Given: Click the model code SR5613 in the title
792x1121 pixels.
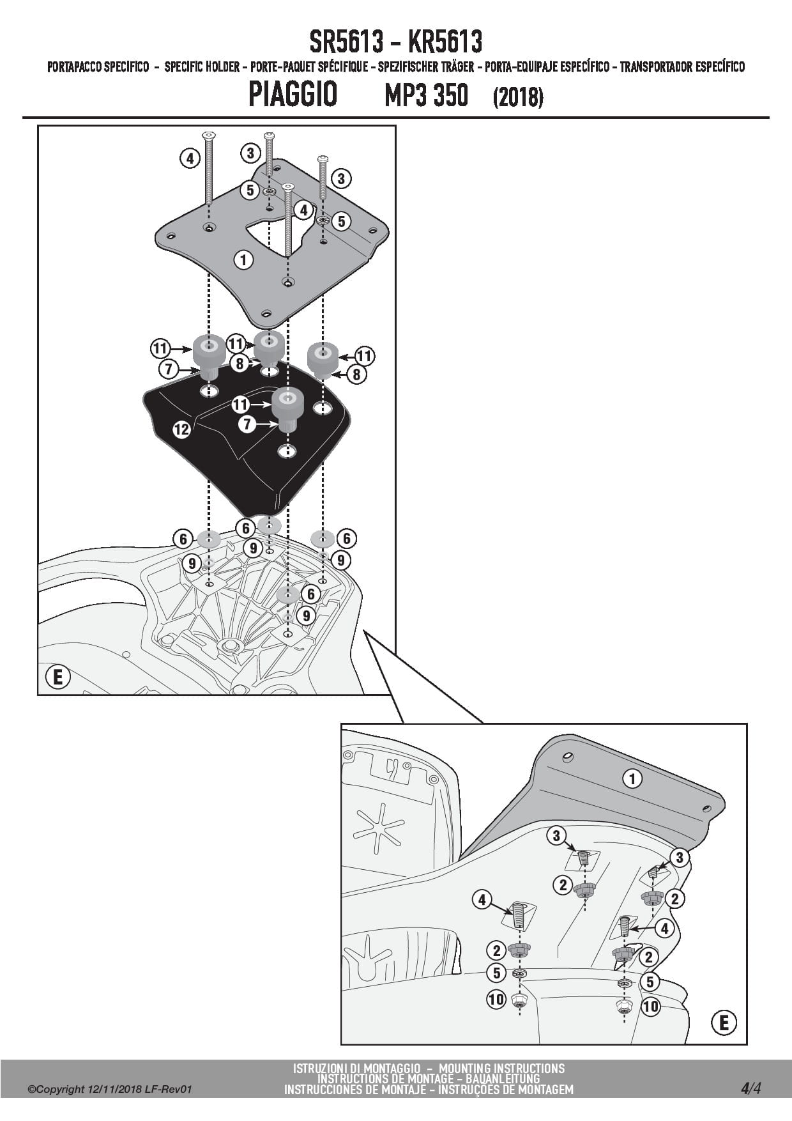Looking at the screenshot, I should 347,42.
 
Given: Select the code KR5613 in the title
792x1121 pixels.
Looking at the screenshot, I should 445,42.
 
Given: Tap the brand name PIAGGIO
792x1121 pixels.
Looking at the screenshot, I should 293,95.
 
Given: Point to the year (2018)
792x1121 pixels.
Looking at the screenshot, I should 518,97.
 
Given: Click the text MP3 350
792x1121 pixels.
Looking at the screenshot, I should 426,96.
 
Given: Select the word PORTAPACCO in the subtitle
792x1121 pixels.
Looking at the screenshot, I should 74,67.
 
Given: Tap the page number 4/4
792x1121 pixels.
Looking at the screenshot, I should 751,1088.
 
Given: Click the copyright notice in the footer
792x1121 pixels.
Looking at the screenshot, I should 109,1090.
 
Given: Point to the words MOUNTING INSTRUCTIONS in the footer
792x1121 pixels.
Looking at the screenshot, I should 501,1068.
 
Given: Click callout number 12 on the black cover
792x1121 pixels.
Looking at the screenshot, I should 181,429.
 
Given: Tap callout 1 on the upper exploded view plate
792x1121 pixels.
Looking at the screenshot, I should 243,259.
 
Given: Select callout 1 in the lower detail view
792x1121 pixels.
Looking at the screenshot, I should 632,778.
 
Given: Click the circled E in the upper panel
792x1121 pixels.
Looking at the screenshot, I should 58,677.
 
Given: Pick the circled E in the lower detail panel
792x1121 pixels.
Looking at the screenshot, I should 724,1023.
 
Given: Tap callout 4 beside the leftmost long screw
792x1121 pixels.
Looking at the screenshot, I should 190,157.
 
